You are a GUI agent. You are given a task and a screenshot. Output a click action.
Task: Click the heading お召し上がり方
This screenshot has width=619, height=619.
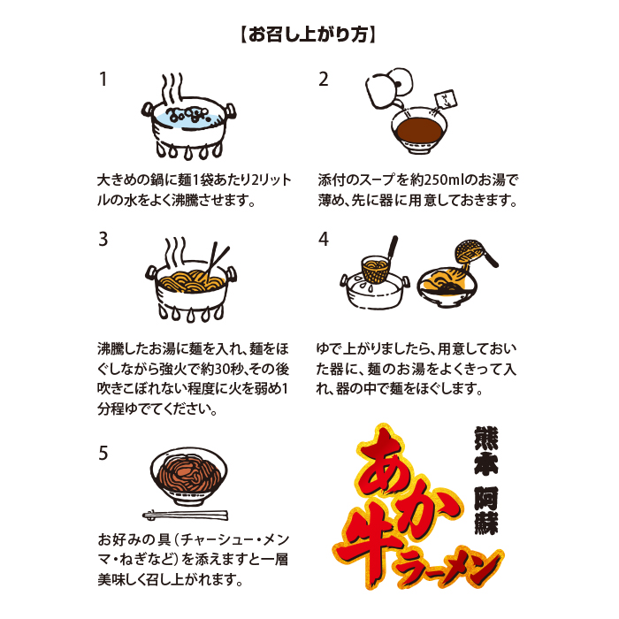309,35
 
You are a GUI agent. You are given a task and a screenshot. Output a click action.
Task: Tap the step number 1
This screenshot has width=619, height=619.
103,79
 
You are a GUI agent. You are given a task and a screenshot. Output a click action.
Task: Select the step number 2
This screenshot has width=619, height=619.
324,79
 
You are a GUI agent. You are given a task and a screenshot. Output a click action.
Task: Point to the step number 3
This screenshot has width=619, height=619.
103,239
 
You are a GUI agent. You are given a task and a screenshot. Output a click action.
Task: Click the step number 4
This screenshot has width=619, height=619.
324,239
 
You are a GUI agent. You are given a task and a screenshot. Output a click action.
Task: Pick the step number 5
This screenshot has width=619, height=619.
103,453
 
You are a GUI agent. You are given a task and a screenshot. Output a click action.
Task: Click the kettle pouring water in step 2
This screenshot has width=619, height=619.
389,88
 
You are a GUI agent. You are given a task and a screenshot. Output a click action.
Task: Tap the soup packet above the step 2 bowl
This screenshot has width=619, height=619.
446,100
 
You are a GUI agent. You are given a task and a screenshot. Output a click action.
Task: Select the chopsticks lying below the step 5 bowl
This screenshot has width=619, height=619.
185,515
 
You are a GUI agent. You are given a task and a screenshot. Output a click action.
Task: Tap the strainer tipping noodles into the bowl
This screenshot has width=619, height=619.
474,253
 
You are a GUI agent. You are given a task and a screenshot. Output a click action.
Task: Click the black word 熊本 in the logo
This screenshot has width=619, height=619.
486,451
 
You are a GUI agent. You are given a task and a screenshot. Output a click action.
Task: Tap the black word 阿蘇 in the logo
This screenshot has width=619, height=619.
486,509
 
